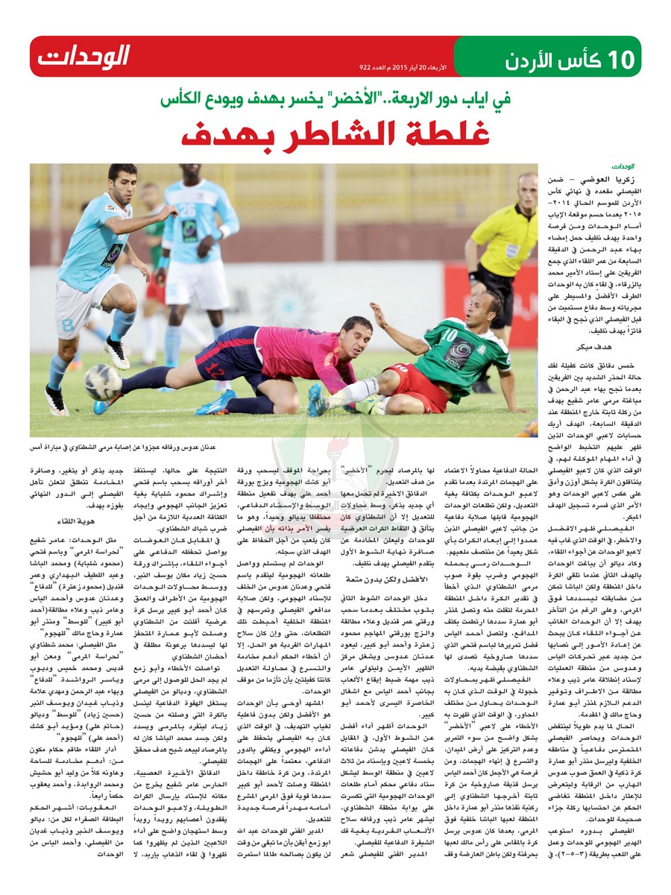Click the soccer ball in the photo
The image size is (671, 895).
(103, 381)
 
